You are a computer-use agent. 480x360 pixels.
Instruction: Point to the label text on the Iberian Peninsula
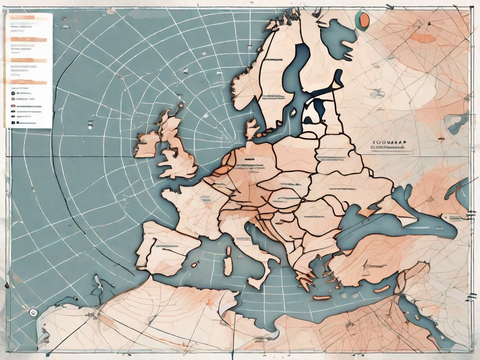(162, 246)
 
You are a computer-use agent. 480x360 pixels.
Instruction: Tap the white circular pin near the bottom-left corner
(32, 312)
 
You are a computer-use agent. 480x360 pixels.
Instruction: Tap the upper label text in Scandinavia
(273, 60)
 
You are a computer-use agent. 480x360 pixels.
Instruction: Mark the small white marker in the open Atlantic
(90, 125)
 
